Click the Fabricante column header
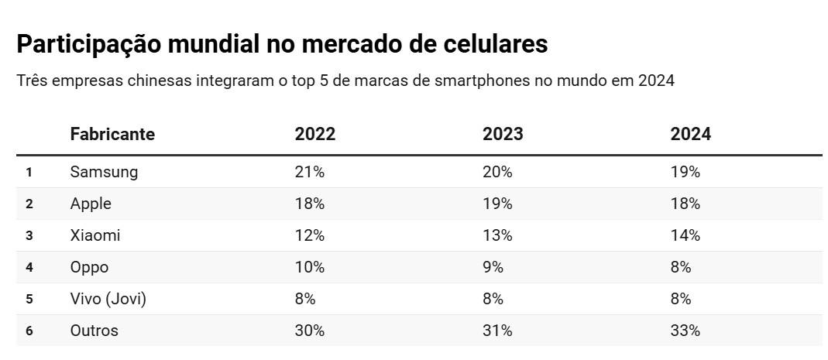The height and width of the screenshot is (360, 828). (x=112, y=134)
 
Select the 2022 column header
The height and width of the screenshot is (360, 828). (x=314, y=134)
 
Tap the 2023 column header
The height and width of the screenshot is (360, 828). (x=503, y=134)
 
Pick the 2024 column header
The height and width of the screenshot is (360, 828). (x=690, y=134)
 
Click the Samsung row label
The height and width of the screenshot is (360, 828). (x=104, y=172)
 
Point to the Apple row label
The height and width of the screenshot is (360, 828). (x=91, y=204)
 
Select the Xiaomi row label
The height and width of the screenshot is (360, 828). (x=95, y=235)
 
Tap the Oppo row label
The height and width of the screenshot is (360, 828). (x=89, y=267)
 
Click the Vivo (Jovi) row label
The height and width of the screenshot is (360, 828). (x=108, y=299)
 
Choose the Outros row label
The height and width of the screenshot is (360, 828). (x=94, y=331)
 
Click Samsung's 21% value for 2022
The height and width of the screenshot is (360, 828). (x=309, y=172)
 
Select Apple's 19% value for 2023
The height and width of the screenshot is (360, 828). (x=497, y=204)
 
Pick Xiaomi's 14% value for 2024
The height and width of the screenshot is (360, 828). (x=685, y=235)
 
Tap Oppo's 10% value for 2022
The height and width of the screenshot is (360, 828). (x=309, y=267)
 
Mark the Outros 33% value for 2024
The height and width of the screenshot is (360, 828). (x=685, y=331)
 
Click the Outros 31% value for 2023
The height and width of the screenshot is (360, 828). (x=497, y=331)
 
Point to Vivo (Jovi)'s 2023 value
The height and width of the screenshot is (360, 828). (x=493, y=299)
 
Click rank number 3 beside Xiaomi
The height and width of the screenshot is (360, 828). (x=29, y=235)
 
